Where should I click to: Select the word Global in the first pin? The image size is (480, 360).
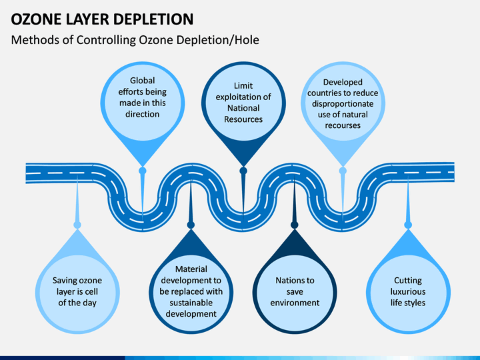pyautogui.click(x=143, y=81)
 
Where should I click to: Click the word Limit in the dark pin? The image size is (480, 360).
pyautogui.click(x=243, y=86)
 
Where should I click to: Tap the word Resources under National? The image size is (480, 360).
pyautogui.click(x=243, y=119)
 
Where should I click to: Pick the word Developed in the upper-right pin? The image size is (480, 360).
pyautogui.click(x=343, y=83)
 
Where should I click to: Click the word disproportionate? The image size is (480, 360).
pyautogui.click(x=343, y=104)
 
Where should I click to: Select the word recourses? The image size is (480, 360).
pyautogui.click(x=343, y=125)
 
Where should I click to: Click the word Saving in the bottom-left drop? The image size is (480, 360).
pyautogui.click(x=64, y=281)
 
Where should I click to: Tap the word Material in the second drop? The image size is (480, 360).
pyautogui.click(x=191, y=269)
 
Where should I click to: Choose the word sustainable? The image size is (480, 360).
pyautogui.click(x=191, y=303)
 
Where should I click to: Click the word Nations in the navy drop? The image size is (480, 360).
pyautogui.click(x=289, y=281)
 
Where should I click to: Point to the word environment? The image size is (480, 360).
pyautogui.click(x=295, y=303)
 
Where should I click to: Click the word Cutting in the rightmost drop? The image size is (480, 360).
pyautogui.click(x=408, y=281)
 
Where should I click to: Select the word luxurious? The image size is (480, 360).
pyautogui.click(x=408, y=291)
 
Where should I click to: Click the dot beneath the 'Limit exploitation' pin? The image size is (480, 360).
pyautogui.click(x=243, y=171)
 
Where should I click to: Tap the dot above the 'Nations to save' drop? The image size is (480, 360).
pyautogui.click(x=295, y=225)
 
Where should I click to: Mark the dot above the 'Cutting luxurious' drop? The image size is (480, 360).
pyautogui.click(x=408, y=225)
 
